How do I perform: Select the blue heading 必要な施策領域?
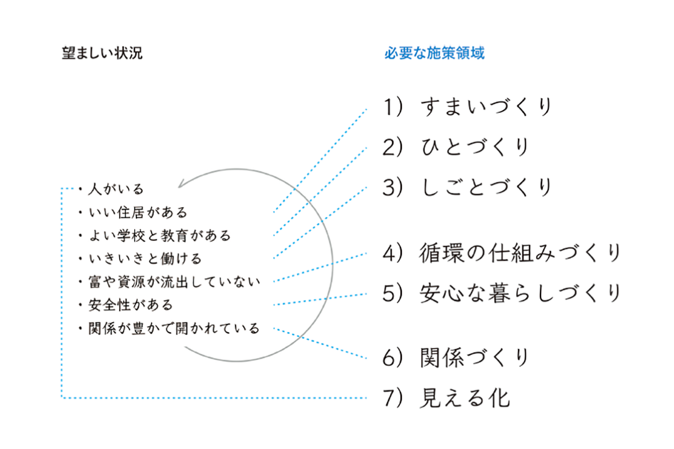tap(434, 54)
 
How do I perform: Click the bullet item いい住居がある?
tap(138, 212)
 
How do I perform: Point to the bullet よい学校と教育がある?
tap(160, 235)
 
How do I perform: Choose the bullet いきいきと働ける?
tap(145, 259)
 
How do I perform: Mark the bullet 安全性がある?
tap(130, 305)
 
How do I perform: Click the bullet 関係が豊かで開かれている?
tap(174, 328)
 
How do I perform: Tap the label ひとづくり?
tap(475, 147)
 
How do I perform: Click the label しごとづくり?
tap(486, 187)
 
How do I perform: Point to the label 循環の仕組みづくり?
tap(520, 253)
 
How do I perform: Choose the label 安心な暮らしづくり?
tap(520, 292)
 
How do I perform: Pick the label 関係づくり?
tap(475, 358)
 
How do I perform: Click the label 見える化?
tap(465, 398)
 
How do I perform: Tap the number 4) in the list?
tap(393, 253)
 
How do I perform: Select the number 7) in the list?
tap(393, 398)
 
